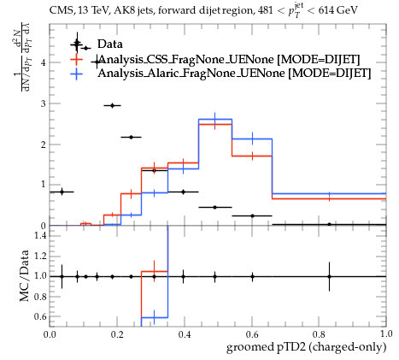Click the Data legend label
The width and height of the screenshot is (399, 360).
tap(110, 44)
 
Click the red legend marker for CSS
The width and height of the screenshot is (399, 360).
tap(76, 59)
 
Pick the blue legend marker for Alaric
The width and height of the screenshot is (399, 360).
tap(76, 74)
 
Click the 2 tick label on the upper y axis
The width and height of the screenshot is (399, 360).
tap(44, 145)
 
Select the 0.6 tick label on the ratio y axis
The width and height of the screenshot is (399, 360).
tap(40, 316)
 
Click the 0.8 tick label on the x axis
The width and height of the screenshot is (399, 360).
tap(319, 334)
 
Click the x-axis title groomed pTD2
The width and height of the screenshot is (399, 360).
tap(306, 347)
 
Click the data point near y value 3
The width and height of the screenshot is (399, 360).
tap(113, 105)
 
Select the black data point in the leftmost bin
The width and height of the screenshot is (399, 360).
tap(62, 192)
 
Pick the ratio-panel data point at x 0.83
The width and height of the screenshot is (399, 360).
tap(329, 276)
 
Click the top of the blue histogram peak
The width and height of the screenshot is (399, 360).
tap(215, 119)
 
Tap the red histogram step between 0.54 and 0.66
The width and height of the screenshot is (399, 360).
tap(252, 156)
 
